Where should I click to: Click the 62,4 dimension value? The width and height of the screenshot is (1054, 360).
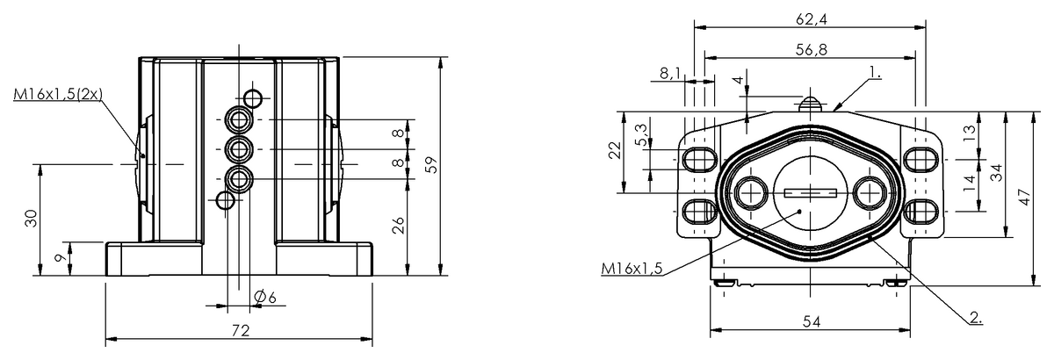coord(812,19)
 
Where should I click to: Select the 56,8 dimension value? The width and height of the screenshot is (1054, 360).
coord(812,49)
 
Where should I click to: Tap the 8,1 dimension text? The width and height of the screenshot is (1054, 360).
coord(669,73)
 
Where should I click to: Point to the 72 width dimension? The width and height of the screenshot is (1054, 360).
coord(241,330)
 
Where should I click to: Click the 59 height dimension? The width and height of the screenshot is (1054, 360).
coord(430,165)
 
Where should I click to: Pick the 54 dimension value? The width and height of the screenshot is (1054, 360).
coord(812,322)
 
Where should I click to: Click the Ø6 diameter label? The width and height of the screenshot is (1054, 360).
coord(265,297)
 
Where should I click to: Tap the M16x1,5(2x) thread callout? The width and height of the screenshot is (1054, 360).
coord(58,94)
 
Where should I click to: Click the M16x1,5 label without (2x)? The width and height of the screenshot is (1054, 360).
coord(632,268)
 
